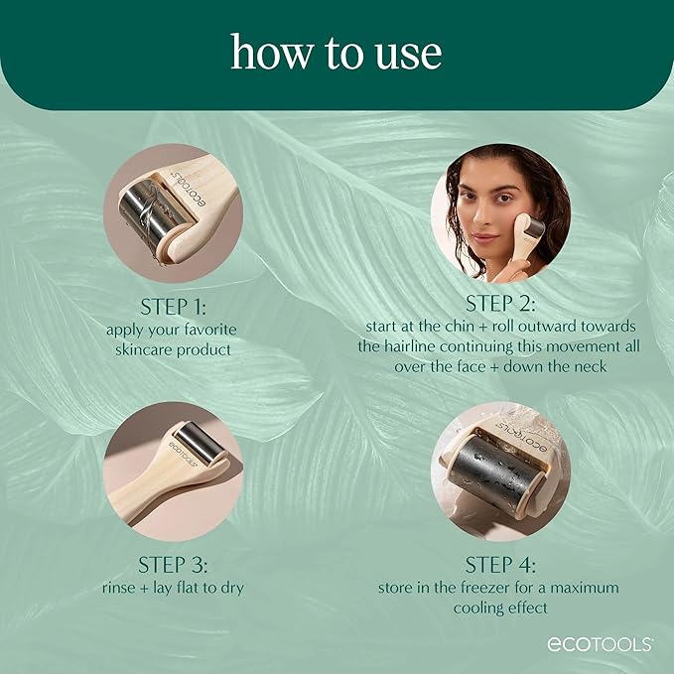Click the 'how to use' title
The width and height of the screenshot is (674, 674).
pyautogui.click(x=337, y=52)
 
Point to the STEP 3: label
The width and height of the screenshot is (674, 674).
pyautogui.click(x=173, y=565)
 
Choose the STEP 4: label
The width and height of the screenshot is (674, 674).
pyautogui.click(x=500, y=565)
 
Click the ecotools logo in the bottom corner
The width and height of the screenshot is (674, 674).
pyautogui.click(x=600, y=643)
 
